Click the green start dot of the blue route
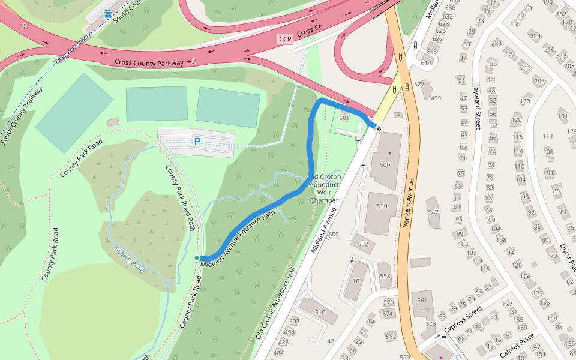click(x=197, y=258)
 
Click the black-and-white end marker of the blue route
click(x=379, y=127)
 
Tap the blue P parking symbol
click(x=196, y=142)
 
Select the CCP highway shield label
click(x=285, y=39)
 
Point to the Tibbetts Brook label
click(x=130, y=260)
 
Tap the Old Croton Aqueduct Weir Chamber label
click(x=324, y=188)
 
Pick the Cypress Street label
click(x=463, y=321)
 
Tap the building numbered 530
click(x=382, y=206)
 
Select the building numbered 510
click(x=320, y=312)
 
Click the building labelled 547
click(x=433, y=212)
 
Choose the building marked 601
click(x=344, y=118)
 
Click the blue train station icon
click(x=108, y=13)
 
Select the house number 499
click(x=436, y=98)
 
